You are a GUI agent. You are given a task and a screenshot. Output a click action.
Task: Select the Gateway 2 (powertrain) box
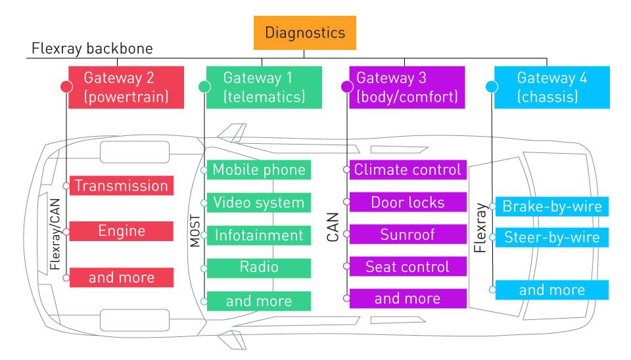click(x=118, y=87)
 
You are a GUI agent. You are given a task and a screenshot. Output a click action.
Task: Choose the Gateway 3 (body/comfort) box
click(x=406, y=87)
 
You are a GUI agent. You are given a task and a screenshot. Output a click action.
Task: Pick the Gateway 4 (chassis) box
click(x=552, y=87)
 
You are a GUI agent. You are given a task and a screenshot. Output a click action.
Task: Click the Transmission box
click(x=121, y=186)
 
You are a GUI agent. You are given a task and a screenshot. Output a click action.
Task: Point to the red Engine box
click(x=121, y=231)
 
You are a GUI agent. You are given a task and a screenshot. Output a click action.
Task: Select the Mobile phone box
click(x=259, y=169)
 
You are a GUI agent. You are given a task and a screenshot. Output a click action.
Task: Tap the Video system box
click(x=259, y=202)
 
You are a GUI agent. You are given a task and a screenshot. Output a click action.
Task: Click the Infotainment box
click(x=259, y=235)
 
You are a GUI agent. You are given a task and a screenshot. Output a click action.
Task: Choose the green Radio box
click(x=259, y=267)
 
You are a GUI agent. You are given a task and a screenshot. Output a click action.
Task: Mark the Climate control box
click(x=408, y=169)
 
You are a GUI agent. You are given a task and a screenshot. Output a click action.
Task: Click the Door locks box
click(x=408, y=202)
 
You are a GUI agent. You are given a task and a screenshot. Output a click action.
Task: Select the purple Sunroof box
click(x=408, y=234)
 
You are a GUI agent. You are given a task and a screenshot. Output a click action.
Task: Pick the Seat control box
click(x=408, y=267)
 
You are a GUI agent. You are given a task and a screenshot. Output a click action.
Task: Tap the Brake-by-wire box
click(x=551, y=207)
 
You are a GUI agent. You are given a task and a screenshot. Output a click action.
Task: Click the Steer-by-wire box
click(x=551, y=237)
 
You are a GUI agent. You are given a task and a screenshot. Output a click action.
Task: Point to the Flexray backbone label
click(x=92, y=49)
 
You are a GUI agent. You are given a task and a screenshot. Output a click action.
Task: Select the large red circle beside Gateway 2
click(x=66, y=86)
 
